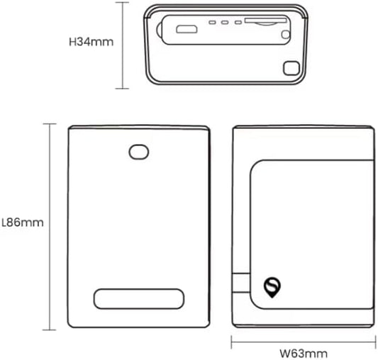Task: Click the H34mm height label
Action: (x=91, y=42)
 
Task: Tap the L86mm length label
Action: (x=23, y=223)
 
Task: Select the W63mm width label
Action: (x=304, y=354)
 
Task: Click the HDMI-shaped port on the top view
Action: (x=187, y=29)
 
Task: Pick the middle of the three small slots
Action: (x=225, y=23)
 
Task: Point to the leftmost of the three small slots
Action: (x=212, y=23)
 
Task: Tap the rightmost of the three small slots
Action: (x=238, y=23)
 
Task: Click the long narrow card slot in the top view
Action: (x=266, y=21)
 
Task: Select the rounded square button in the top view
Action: (x=291, y=68)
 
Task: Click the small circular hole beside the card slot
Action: (x=286, y=35)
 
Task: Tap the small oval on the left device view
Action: (x=138, y=152)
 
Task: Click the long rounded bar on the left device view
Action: (x=138, y=299)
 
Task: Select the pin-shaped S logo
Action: (x=272, y=288)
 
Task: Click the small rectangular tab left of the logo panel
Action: (x=241, y=283)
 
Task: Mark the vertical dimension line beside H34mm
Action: (x=123, y=45)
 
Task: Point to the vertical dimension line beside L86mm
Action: (x=50, y=227)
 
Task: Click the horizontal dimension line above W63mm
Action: (x=304, y=342)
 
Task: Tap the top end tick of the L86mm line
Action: (x=50, y=123)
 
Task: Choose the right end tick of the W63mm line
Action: (x=376, y=342)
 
